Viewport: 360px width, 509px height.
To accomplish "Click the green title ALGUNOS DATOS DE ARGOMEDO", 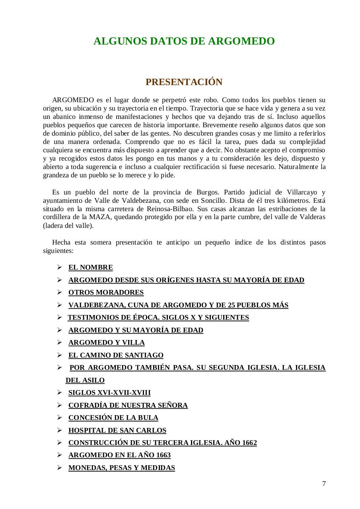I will [184, 41].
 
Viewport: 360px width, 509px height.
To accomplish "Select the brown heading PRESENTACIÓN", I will [184, 82].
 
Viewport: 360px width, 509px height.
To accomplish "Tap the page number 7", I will [324, 484].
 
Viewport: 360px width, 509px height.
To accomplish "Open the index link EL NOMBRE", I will [91, 267].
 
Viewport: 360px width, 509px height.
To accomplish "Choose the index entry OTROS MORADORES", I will [106, 292].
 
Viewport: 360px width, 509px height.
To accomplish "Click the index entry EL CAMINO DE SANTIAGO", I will [116, 355].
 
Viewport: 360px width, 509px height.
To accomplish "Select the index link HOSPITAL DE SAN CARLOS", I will [117, 430].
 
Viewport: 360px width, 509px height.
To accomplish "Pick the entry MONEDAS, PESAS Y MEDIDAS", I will [122, 468].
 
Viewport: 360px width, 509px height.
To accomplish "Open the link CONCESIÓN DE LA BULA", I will [113, 418].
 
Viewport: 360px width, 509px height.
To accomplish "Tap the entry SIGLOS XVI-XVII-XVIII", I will [109, 392].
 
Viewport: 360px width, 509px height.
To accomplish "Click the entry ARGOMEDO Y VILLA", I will [107, 342].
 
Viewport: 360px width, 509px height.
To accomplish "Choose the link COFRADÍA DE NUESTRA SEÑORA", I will [128, 405].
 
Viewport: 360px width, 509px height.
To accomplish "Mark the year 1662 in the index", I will [249, 443].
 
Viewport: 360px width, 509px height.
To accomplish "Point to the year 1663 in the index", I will [163, 455].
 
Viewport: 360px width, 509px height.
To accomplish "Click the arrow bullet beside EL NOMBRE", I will [59, 267].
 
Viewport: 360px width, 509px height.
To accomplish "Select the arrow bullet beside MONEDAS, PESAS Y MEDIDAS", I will [59, 468].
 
